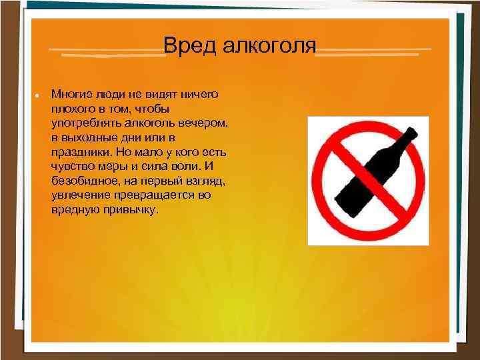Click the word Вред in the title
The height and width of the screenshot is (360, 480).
(x=190, y=46)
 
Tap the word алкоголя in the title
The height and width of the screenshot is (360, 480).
(x=269, y=46)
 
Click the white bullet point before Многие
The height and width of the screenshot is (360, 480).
(x=37, y=96)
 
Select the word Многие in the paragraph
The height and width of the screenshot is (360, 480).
(x=71, y=94)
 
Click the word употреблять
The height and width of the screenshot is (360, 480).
(x=86, y=123)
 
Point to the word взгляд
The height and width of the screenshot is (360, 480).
(x=205, y=181)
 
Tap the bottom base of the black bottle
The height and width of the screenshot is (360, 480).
(x=345, y=206)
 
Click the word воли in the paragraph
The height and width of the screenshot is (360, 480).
(x=187, y=167)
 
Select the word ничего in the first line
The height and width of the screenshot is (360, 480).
(x=199, y=94)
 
